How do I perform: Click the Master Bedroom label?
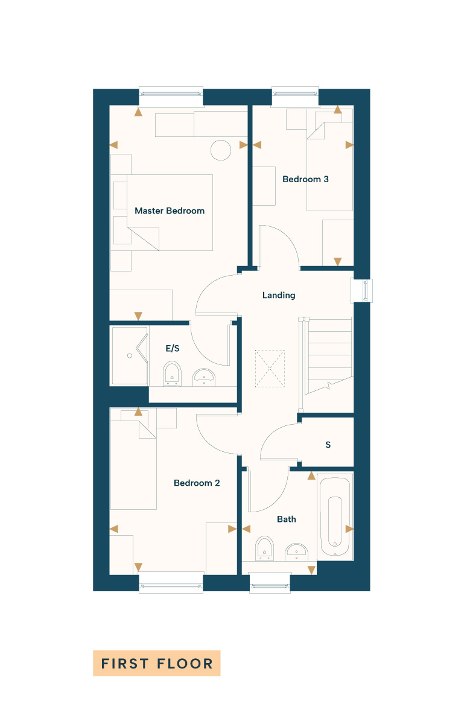point(170,211)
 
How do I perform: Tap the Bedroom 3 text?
point(305,179)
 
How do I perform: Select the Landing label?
point(279,295)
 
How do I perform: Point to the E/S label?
point(172,348)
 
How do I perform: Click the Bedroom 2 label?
point(197,483)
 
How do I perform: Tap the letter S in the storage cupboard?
point(328,445)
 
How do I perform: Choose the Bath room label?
point(287,519)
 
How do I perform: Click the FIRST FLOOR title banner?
point(157,664)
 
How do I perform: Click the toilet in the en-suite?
point(172,374)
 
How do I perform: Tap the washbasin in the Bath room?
point(296,552)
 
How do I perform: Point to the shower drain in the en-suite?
point(130,355)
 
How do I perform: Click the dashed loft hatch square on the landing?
point(270,369)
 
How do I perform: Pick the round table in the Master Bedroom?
point(221,150)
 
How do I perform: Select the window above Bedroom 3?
point(296,96)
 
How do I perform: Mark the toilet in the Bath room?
point(264,548)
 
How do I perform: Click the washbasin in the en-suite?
point(204,377)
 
